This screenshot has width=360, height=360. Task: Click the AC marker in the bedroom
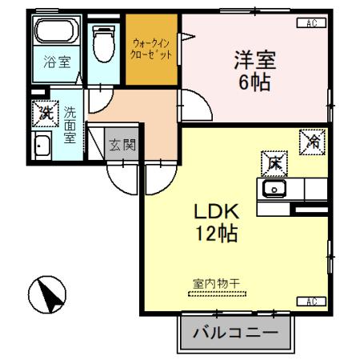[x=311, y=23]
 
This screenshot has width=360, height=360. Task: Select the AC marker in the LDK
[x=312, y=302]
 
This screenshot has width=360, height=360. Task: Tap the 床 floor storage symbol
[x=273, y=163]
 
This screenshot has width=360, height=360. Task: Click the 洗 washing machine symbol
[x=45, y=114]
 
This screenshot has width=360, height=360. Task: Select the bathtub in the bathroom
[x=55, y=34]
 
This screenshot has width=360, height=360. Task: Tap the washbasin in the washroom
[x=42, y=147]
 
